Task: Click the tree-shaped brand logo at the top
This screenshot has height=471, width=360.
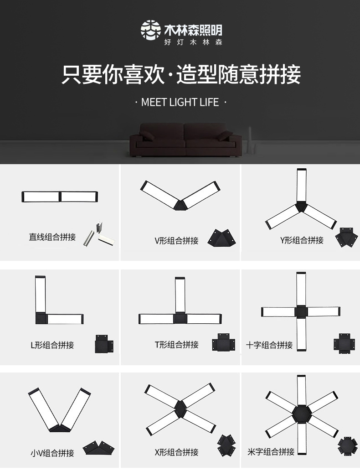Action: [x=150, y=30]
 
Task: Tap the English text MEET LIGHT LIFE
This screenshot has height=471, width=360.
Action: [x=180, y=102]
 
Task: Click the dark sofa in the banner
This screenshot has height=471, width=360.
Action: [x=185, y=140]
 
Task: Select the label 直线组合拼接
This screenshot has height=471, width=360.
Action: [x=52, y=237]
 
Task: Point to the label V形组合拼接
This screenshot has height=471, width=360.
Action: [x=176, y=241]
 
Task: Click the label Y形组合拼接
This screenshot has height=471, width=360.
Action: [x=302, y=240]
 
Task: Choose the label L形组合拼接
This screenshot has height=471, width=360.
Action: [x=52, y=345]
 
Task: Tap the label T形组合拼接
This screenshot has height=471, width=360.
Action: [x=176, y=345]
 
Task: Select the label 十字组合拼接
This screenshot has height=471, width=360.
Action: [x=269, y=345]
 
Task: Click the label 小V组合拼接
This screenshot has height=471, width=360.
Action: [x=52, y=453]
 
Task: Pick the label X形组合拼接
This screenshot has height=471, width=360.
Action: [x=176, y=452]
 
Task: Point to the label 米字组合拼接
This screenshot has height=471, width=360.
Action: [x=271, y=452]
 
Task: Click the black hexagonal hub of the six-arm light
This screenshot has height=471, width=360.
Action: [x=302, y=414]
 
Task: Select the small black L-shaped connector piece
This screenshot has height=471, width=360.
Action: [x=104, y=344]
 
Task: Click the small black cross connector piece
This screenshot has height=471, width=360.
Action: [x=344, y=343]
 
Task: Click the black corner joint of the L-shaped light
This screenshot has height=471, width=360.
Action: [x=41, y=318]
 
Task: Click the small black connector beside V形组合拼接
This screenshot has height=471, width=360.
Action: [x=221, y=238]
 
